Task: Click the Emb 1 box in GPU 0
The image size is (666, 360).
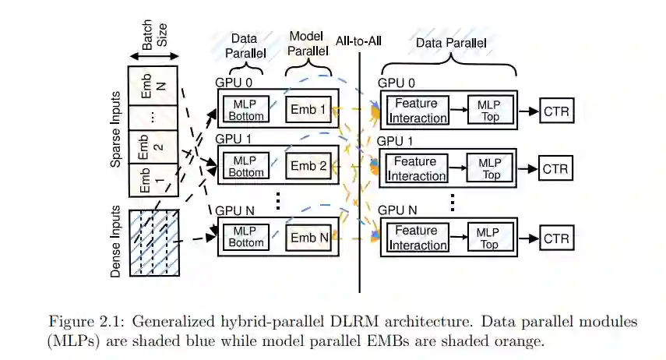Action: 308,110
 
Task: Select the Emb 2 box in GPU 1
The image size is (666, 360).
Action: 308,166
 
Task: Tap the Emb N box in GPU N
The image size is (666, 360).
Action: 308,237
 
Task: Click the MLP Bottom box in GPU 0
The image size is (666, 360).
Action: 246,110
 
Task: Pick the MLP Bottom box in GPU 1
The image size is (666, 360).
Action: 246,166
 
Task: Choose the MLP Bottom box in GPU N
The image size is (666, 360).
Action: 246,237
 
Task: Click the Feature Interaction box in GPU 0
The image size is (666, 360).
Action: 417,111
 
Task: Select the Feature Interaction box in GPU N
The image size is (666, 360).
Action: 417,238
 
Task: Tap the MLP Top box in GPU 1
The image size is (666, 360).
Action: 490,168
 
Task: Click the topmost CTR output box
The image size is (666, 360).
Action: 556,111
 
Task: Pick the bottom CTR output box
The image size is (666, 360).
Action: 556,238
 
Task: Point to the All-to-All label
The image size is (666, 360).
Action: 363,41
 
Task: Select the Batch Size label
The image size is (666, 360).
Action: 153,37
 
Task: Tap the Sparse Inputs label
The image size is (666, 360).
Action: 116,139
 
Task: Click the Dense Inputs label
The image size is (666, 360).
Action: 116,242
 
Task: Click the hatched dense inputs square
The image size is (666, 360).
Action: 154,242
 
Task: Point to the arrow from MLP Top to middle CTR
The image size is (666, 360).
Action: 527,168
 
